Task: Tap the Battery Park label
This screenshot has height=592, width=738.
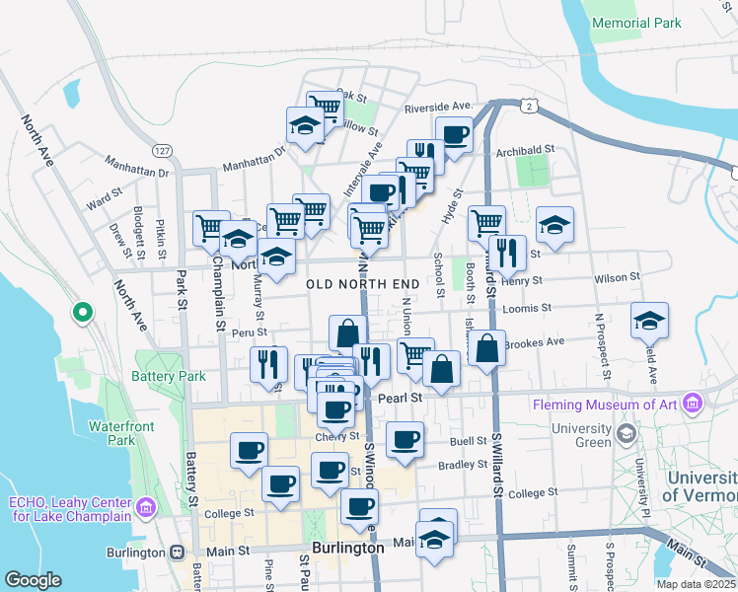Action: click(169, 376)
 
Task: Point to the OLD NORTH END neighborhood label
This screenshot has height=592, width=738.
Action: click(363, 283)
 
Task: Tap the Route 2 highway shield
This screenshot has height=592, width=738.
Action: click(530, 106)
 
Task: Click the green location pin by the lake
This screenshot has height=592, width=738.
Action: click(83, 315)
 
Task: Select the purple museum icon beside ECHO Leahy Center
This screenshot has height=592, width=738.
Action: click(146, 508)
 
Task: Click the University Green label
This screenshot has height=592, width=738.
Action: click(582, 435)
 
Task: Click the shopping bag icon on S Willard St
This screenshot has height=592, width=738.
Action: click(487, 348)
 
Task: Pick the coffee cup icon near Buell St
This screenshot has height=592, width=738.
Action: click(404, 439)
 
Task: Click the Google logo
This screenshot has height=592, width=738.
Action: click(33, 580)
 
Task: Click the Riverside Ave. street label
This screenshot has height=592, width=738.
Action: click(439, 107)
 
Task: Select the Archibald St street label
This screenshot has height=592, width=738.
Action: click(525, 150)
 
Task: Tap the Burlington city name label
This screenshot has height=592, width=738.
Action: click(347, 548)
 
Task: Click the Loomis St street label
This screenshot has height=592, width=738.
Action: click(525, 309)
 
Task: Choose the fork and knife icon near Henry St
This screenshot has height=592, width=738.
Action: click(507, 253)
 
